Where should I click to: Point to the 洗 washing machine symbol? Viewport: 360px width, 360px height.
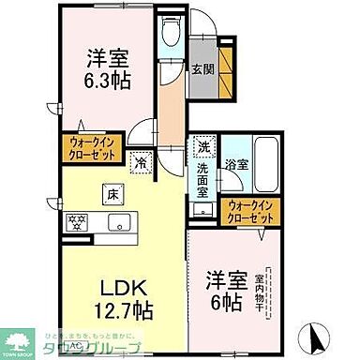point(202,147)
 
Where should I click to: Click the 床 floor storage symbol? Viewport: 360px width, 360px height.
point(111,194)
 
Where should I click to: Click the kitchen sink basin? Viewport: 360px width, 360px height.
point(118,222)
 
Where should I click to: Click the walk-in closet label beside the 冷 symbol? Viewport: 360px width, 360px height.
point(90,147)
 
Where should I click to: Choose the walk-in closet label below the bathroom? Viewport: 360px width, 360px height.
point(250,212)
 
